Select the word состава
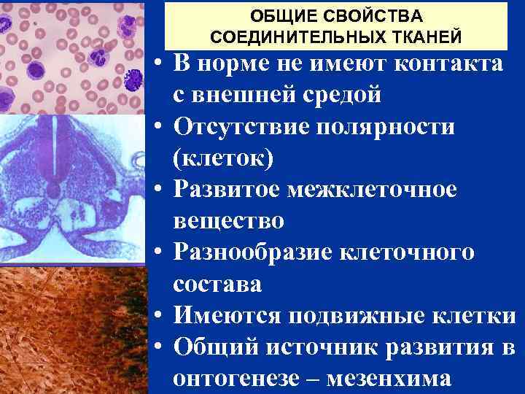click(x=217, y=284)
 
